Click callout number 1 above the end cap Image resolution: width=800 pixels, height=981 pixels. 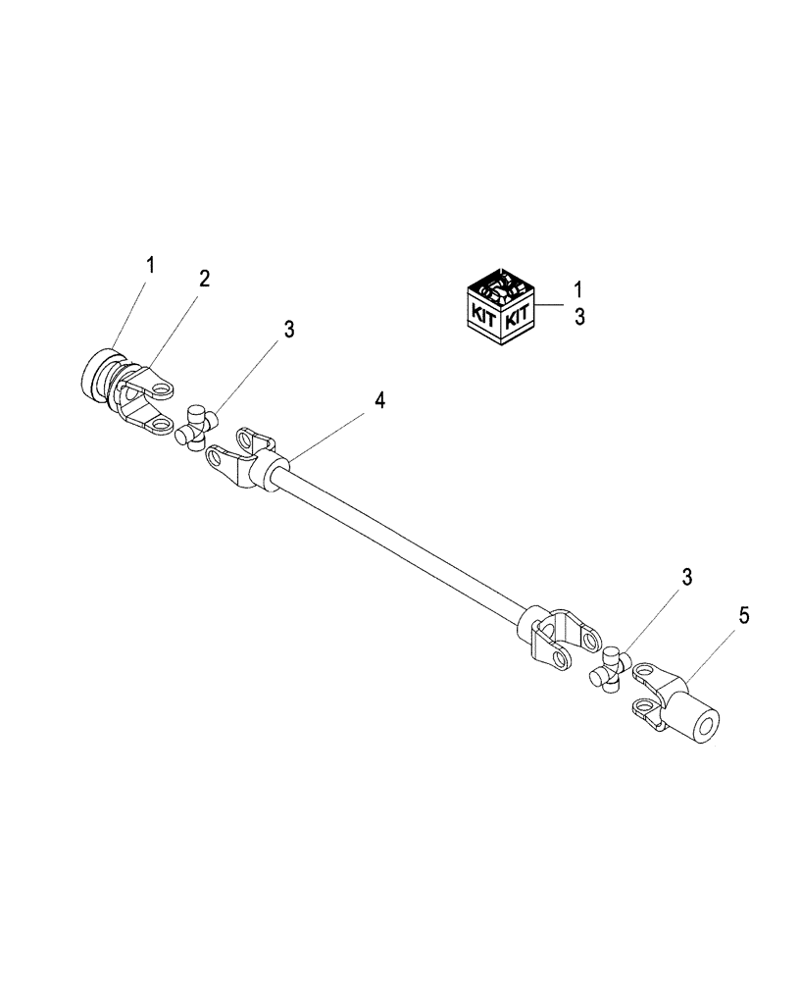pyautogui.click(x=150, y=264)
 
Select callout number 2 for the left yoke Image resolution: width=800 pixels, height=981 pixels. pyautogui.click(x=204, y=279)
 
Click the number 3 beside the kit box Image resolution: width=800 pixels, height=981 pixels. pyautogui.click(x=578, y=318)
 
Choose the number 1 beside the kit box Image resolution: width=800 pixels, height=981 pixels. pyautogui.click(x=578, y=289)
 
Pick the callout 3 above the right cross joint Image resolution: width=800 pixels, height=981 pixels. pyautogui.click(x=687, y=578)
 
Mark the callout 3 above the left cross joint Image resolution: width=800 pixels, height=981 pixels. pyautogui.click(x=288, y=330)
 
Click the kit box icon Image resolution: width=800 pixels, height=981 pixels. pyautogui.click(x=499, y=305)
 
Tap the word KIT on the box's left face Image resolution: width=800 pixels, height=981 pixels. pyautogui.click(x=482, y=316)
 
